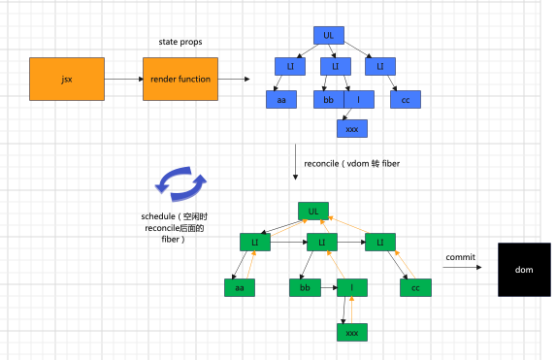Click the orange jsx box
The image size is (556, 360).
(x=67, y=79)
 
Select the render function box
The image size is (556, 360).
(x=180, y=79)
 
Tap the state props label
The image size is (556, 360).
(x=180, y=42)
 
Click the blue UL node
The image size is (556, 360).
(x=329, y=35)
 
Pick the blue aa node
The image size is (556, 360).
(x=281, y=99)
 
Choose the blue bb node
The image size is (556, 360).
(x=329, y=99)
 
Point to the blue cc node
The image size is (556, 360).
(x=406, y=99)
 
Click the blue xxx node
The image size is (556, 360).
(x=352, y=128)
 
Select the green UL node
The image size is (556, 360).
(x=313, y=211)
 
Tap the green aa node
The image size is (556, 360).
(x=240, y=287)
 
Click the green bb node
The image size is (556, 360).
(x=305, y=287)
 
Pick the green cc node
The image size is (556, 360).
(x=415, y=287)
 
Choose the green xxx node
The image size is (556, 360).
(x=352, y=332)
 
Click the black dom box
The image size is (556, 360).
(x=524, y=270)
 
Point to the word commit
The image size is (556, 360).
(x=460, y=257)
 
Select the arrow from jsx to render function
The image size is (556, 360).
(x=124, y=79)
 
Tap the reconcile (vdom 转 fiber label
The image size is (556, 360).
(x=352, y=164)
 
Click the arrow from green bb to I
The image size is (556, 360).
(x=329, y=287)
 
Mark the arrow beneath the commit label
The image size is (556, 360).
(x=463, y=267)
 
